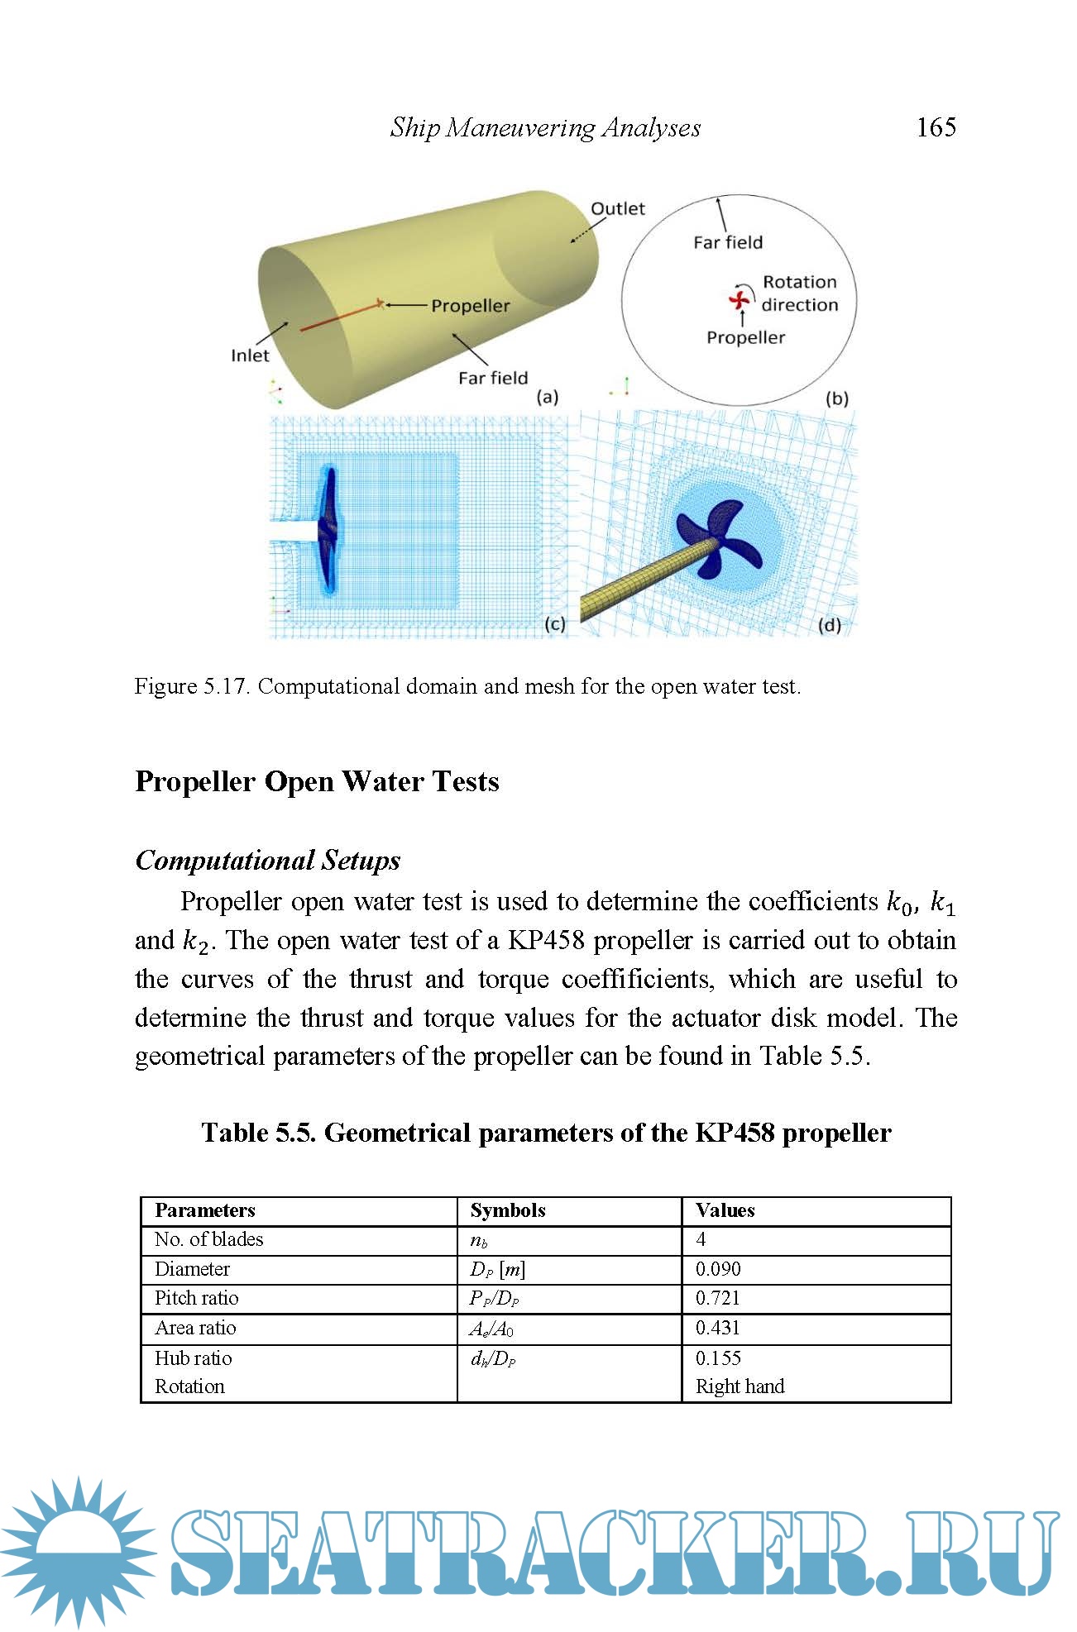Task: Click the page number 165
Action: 936,126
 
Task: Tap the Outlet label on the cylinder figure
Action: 617,208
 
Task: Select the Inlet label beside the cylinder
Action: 250,356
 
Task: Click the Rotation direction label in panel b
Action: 799,293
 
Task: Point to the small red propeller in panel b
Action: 739,299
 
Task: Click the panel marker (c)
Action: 554,624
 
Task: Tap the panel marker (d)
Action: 829,625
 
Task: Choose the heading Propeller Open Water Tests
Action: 317,781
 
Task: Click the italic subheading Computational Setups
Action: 267,860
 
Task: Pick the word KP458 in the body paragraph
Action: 546,940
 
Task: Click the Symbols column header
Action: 508,1210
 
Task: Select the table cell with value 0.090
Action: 718,1269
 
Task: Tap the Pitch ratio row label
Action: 196,1298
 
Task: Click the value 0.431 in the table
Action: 718,1328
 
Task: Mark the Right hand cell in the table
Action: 740,1386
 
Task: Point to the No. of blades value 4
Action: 701,1239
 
